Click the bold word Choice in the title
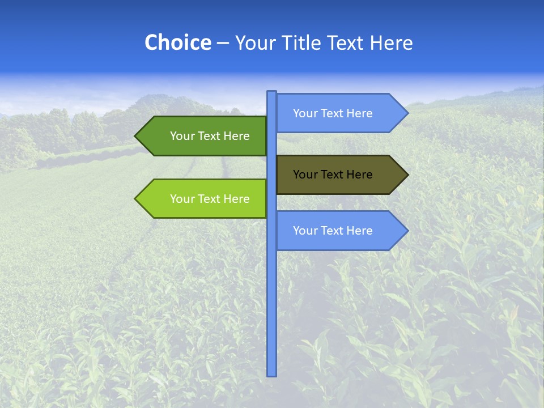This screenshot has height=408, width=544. tap(177, 42)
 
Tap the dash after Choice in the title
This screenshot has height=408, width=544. tap(223, 43)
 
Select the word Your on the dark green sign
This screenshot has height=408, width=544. tap(182, 136)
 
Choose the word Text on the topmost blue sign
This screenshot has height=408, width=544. tap(332, 113)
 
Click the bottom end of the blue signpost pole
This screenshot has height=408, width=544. tap(272, 374)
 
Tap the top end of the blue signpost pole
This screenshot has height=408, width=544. tap(272, 93)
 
